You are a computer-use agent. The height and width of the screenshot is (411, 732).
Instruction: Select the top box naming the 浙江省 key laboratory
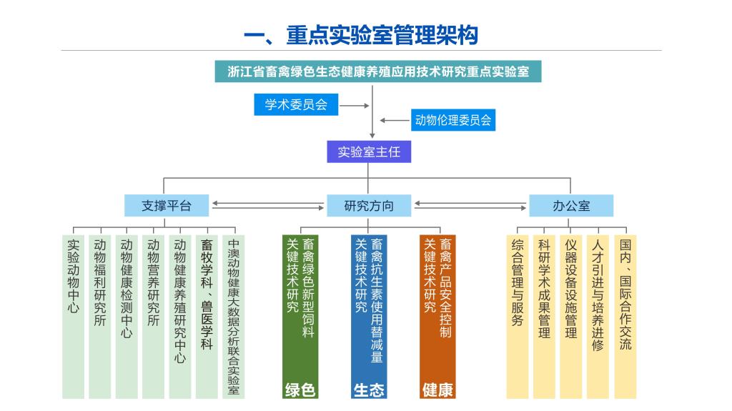pos(378,71)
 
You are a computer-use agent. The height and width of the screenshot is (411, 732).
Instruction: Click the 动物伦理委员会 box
pos(453,120)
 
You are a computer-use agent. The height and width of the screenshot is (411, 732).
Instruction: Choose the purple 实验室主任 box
pos(369,152)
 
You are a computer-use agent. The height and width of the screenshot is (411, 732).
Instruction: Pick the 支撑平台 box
pos(167,206)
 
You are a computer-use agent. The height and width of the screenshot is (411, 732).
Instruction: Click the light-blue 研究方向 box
pos(369,206)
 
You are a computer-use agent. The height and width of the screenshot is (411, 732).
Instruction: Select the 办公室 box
pos(571,206)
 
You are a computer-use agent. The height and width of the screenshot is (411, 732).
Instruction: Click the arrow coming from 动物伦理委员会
pos(394,120)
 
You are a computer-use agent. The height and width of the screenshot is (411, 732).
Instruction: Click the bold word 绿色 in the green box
pos(300,390)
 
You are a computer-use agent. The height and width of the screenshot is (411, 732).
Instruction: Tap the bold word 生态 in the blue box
pos(369,390)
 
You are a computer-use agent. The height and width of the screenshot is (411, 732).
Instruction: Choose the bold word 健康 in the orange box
pos(437,390)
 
